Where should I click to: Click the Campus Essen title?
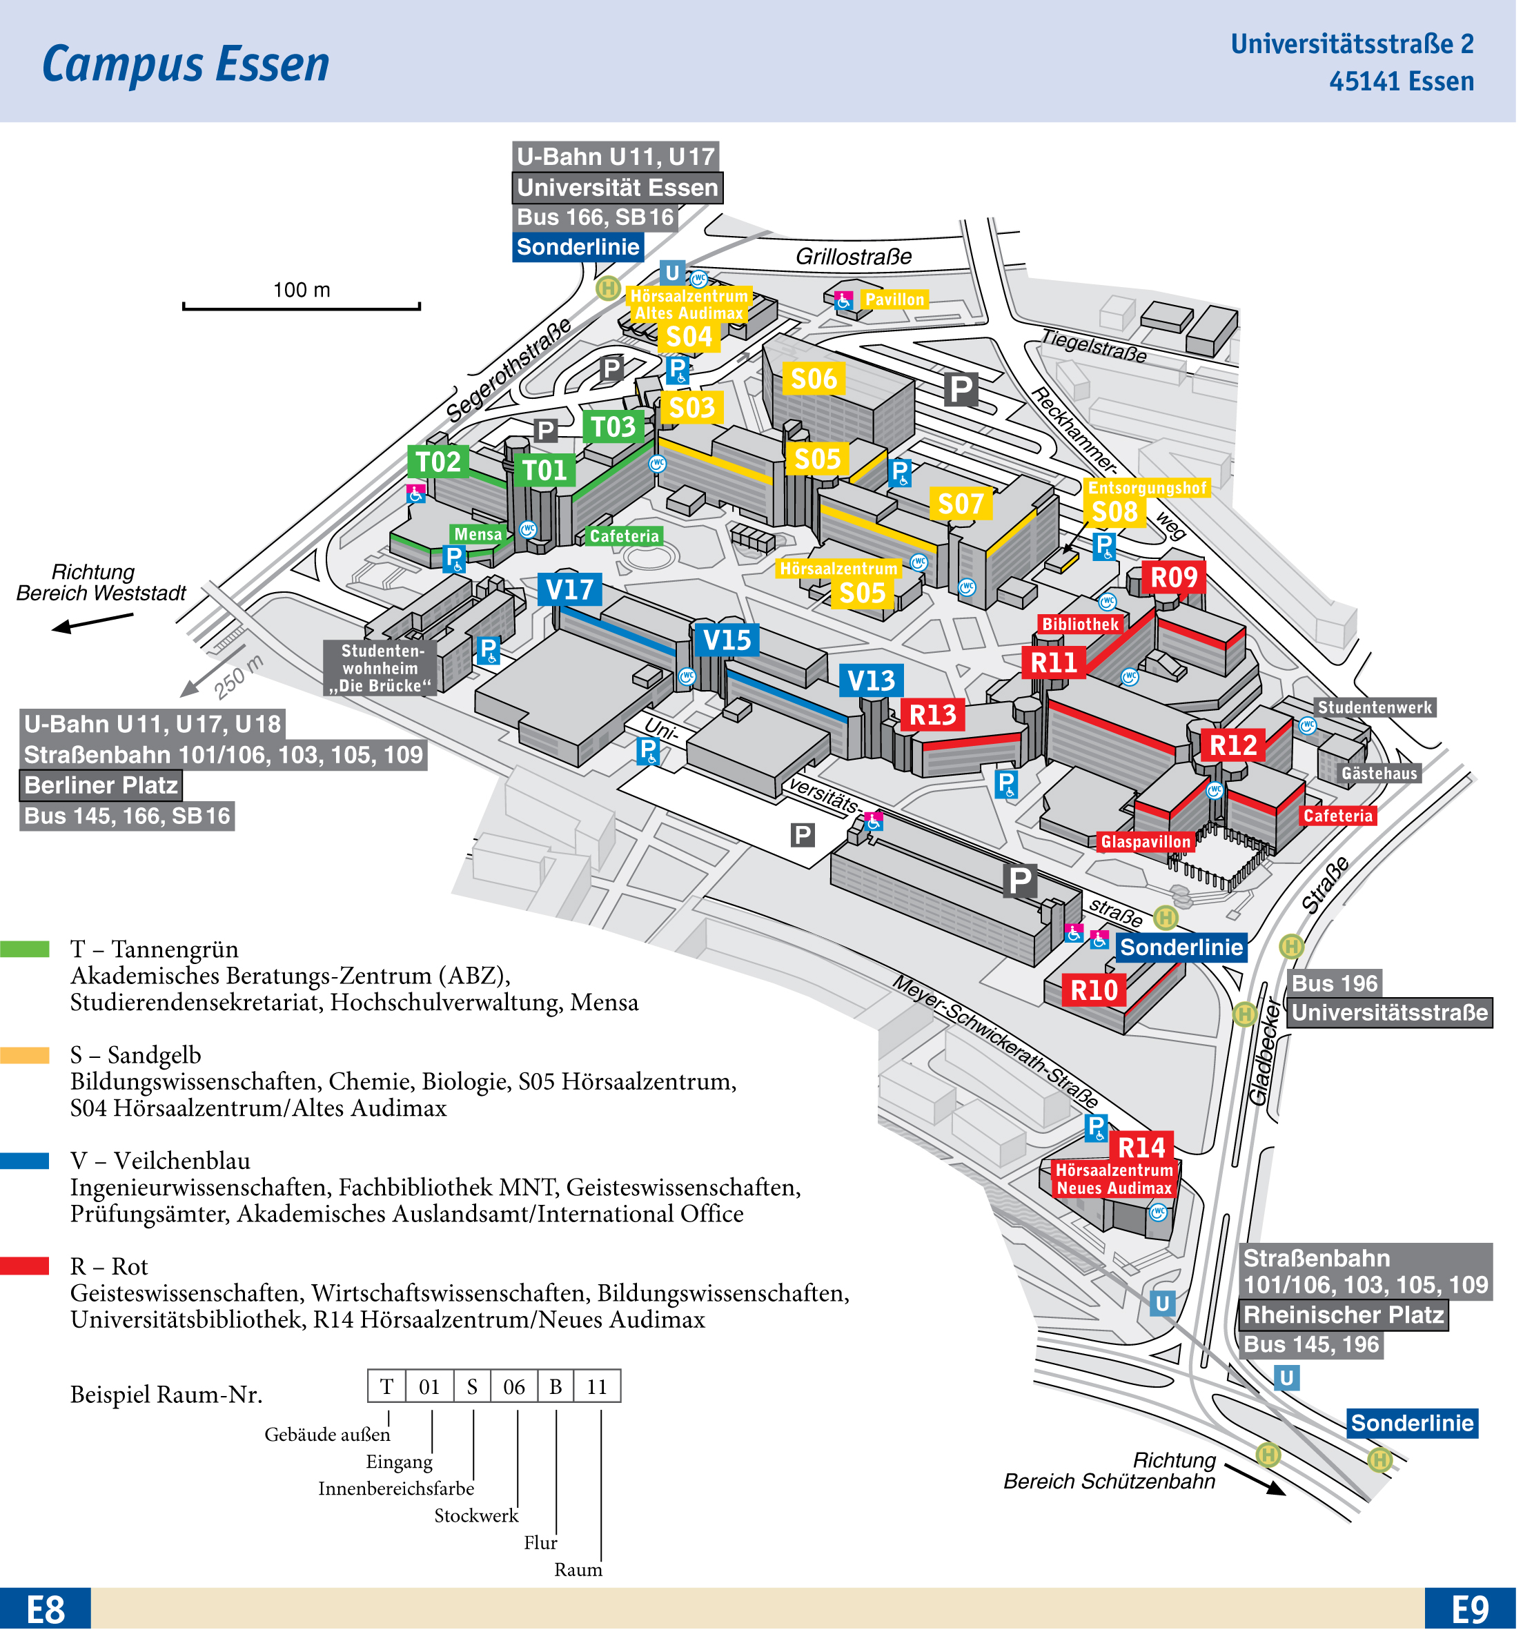[x=186, y=64]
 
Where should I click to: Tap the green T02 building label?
[x=438, y=462]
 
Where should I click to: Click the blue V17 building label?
[x=569, y=590]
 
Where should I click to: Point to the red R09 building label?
[x=1174, y=578]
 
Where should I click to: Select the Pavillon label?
[x=895, y=300]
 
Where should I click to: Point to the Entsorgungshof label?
[x=1147, y=489]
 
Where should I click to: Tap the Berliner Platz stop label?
[x=101, y=785]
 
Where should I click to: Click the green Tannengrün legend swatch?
[x=25, y=950]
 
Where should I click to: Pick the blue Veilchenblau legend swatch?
[x=25, y=1161]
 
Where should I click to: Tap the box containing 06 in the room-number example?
[x=514, y=1387]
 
